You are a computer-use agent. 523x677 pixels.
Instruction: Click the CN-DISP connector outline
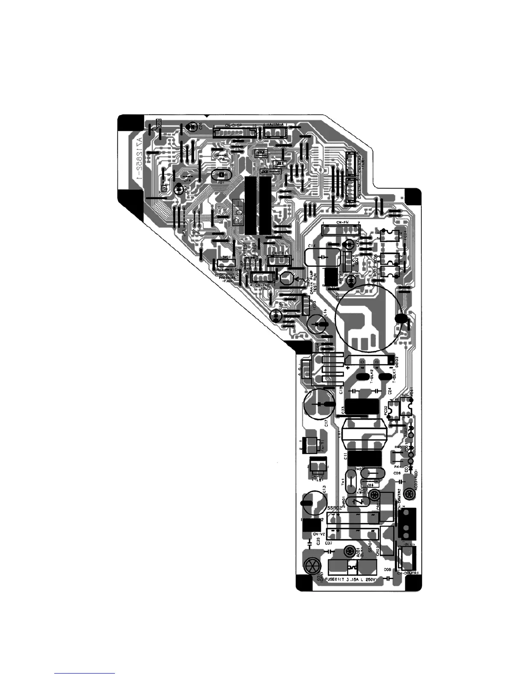coord(234,132)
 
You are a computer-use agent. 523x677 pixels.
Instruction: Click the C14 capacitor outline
coord(323,257)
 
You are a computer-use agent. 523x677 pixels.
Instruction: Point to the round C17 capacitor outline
coord(319,404)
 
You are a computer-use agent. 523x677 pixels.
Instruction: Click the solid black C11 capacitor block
coord(364,458)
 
